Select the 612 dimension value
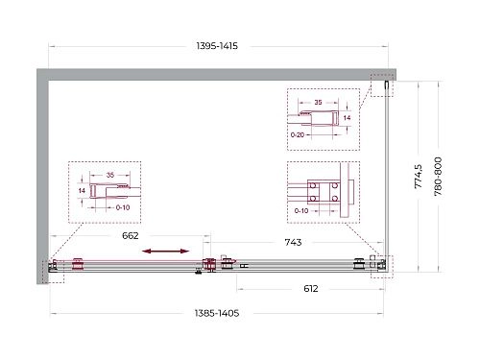(304, 288)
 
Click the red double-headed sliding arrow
(166, 252)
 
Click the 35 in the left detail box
(110, 176)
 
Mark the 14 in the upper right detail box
(348, 117)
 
